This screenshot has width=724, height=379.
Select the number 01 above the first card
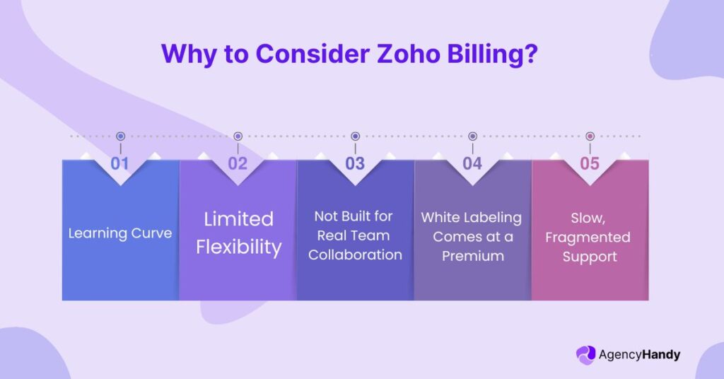[x=120, y=163]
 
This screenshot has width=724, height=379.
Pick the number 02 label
[x=238, y=163]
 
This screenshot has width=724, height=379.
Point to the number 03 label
[x=355, y=163]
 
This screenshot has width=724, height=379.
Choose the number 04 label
[x=472, y=163]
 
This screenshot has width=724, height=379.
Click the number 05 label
[x=590, y=163]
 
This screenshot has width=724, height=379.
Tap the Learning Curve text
[x=120, y=233]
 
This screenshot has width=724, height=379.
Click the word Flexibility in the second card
[x=238, y=247]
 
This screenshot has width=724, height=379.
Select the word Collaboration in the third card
[x=355, y=255]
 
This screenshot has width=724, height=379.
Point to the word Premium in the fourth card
[x=472, y=256]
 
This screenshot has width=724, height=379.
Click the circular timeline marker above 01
[x=120, y=136]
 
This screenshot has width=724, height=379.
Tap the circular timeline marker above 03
[x=355, y=136]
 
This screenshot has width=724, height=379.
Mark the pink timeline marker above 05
[x=590, y=136]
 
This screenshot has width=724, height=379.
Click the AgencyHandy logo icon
[x=586, y=355]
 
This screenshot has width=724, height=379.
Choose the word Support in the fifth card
[x=590, y=257]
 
